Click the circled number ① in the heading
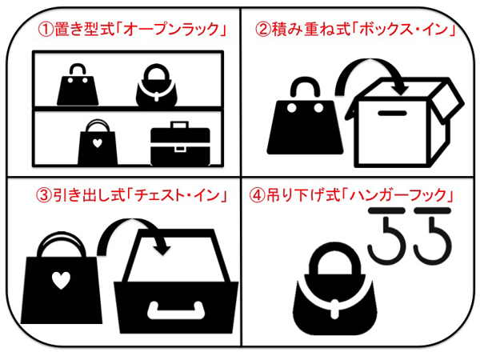(45, 30)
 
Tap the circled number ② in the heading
(262, 30)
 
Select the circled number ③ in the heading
(43, 195)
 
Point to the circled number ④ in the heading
(257, 195)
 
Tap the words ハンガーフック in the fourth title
(398, 195)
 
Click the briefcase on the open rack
(180, 143)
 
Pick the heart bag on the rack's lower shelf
(98, 142)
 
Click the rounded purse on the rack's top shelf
(157, 86)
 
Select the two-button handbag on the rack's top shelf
(78, 85)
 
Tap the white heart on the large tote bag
(61, 280)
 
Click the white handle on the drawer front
(176, 310)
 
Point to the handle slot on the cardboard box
(392, 113)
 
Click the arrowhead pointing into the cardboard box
(399, 88)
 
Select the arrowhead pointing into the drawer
(163, 247)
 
